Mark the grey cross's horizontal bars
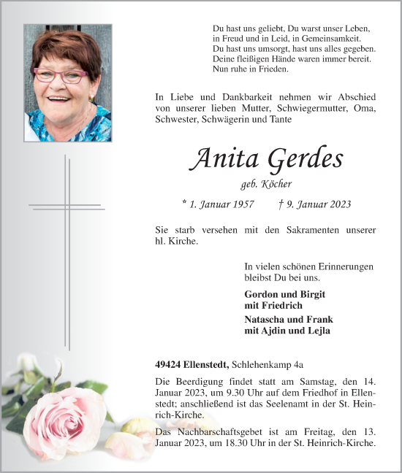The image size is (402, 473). coord(67,207)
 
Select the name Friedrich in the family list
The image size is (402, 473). coord(273,305)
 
